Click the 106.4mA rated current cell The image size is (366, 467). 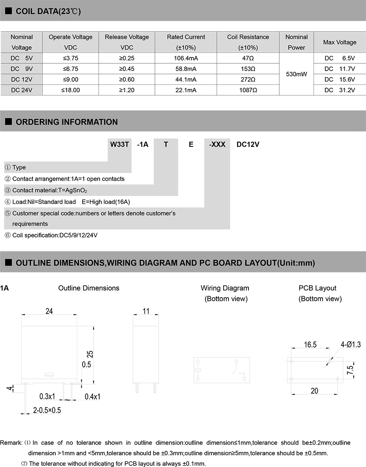(186, 58)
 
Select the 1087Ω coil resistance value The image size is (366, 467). (248, 90)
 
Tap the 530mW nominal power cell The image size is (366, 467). (296, 74)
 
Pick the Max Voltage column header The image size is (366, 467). (340, 42)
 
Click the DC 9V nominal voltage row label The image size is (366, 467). (22, 69)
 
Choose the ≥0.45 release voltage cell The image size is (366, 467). (127, 69)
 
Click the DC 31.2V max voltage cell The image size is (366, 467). (340, 90)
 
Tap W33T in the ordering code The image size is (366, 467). (120, 144)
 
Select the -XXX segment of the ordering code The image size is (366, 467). (217, 144)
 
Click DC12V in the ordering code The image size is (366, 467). (248, 144)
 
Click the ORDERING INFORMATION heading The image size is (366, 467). (67, 122)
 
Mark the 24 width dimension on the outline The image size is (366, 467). (49, 311)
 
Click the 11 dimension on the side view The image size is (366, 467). (146, 311)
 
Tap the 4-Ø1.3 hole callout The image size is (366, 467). (351, 345)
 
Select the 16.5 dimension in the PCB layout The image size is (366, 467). (310, 345)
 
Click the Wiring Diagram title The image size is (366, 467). (225, 288)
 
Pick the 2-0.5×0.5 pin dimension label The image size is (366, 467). (47, 410)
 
